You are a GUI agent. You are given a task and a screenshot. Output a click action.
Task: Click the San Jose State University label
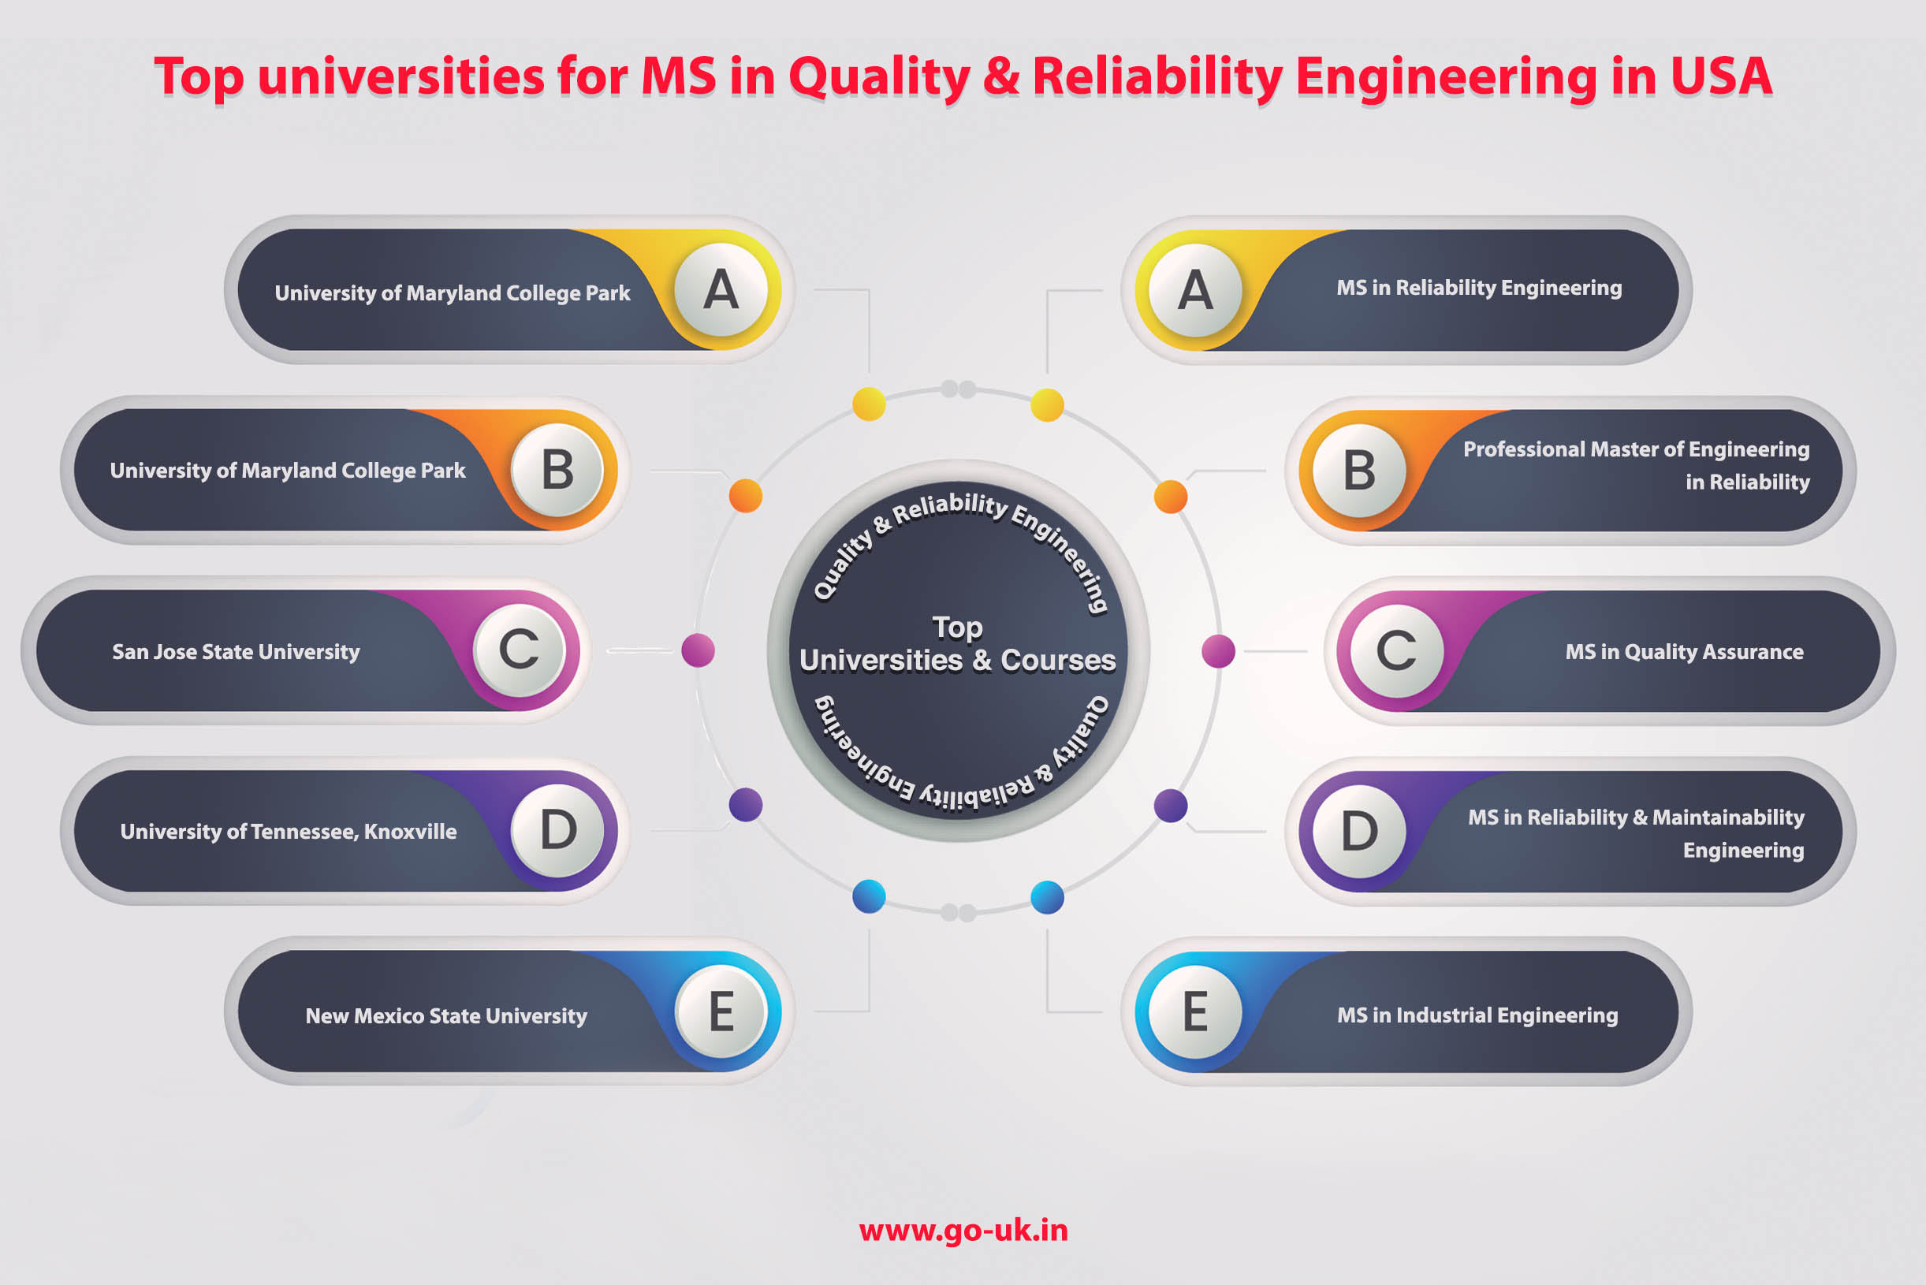point(236,651)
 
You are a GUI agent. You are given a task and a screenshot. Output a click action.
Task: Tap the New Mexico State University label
point(447,1016)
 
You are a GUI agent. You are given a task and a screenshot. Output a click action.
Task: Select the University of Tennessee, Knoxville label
point(289,832)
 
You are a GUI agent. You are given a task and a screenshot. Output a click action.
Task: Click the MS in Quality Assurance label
point(1684,651)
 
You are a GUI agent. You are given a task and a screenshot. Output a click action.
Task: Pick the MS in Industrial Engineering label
point(1477,1015)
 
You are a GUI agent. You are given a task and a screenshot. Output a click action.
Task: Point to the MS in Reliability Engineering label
point(1479,288)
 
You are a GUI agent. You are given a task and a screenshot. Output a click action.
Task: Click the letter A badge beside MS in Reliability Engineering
point(1195,290)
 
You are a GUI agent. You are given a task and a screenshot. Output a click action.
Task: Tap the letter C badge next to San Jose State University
point(520,650)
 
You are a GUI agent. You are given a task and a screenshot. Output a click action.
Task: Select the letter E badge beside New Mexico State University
point(721,1011)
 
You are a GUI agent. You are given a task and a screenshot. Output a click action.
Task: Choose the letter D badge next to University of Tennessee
point(557,831)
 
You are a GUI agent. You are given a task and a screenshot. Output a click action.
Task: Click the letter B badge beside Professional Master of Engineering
point(1359,471)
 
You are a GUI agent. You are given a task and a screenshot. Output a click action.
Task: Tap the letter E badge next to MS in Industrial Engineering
point(1195,1011)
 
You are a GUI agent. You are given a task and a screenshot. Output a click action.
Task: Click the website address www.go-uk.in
point(963,1231)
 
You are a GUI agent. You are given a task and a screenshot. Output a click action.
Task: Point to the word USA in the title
point(1721,76)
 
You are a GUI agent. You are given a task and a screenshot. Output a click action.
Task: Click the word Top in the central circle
point(957,628)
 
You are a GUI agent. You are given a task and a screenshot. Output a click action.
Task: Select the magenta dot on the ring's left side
point(699,650)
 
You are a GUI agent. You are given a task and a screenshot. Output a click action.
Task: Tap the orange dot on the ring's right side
point(1171,497)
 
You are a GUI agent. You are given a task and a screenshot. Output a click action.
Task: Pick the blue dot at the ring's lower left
point(869,896)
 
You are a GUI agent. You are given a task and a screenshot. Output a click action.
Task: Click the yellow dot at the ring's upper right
point(1047,405)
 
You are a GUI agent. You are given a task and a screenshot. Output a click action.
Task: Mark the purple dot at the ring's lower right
point(1171,806)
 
